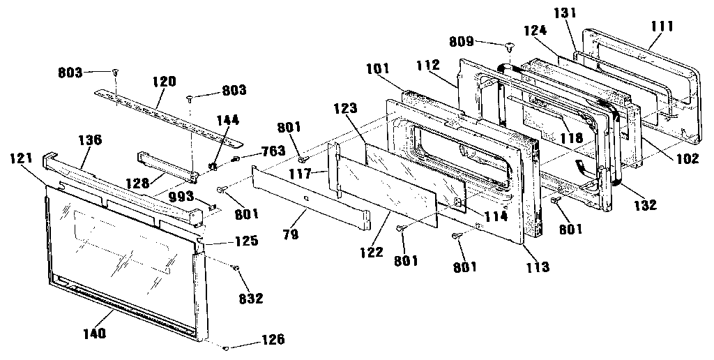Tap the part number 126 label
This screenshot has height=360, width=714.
click(x=273, y=340)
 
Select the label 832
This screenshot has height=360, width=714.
click(x=250, y=299)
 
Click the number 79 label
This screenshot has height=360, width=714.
click(x=291, y=235)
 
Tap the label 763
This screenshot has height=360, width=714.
click(x=273, y=151)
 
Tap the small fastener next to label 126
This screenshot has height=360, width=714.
click(x=229, y=347)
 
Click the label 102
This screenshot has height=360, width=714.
click(x=687, y=158)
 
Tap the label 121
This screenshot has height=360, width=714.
click(x=22, y=158)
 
